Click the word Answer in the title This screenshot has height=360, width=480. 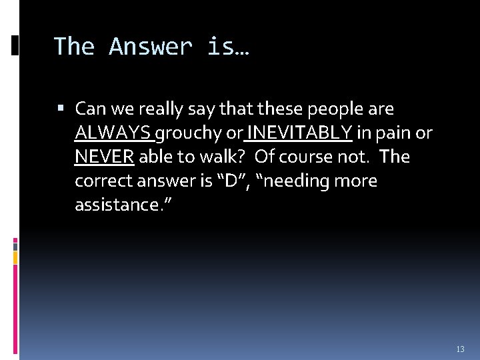[150, 47]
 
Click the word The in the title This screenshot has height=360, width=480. [74, 47]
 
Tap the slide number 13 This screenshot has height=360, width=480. [460, 349]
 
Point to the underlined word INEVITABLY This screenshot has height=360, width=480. [299, 133]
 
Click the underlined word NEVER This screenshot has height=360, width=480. [105, 157]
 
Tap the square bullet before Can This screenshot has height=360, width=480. [62, 108]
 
